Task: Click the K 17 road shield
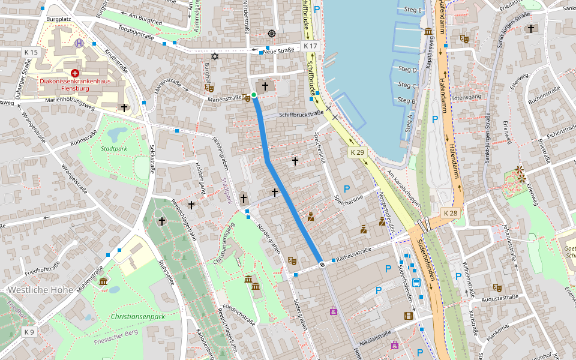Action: [x=310, y=46]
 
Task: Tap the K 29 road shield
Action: [x=357, y=153]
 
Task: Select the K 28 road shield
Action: [x=451, y=213]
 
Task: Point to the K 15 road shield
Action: [x=31, y=52]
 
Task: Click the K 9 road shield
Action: [x=29, y=332]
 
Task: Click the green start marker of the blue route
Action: [x=254, y=95]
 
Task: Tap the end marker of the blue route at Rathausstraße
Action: [x=322, y=264]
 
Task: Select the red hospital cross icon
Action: [x=74, y=72]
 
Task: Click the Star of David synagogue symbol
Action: [x=214, y=56]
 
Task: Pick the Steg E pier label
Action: [x=413, y=10]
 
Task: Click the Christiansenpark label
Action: [x=137, y=316]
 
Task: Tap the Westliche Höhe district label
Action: [x=40, y=290]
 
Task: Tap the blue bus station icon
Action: [x=416, y=282]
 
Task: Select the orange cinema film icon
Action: [x=409, y=316]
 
